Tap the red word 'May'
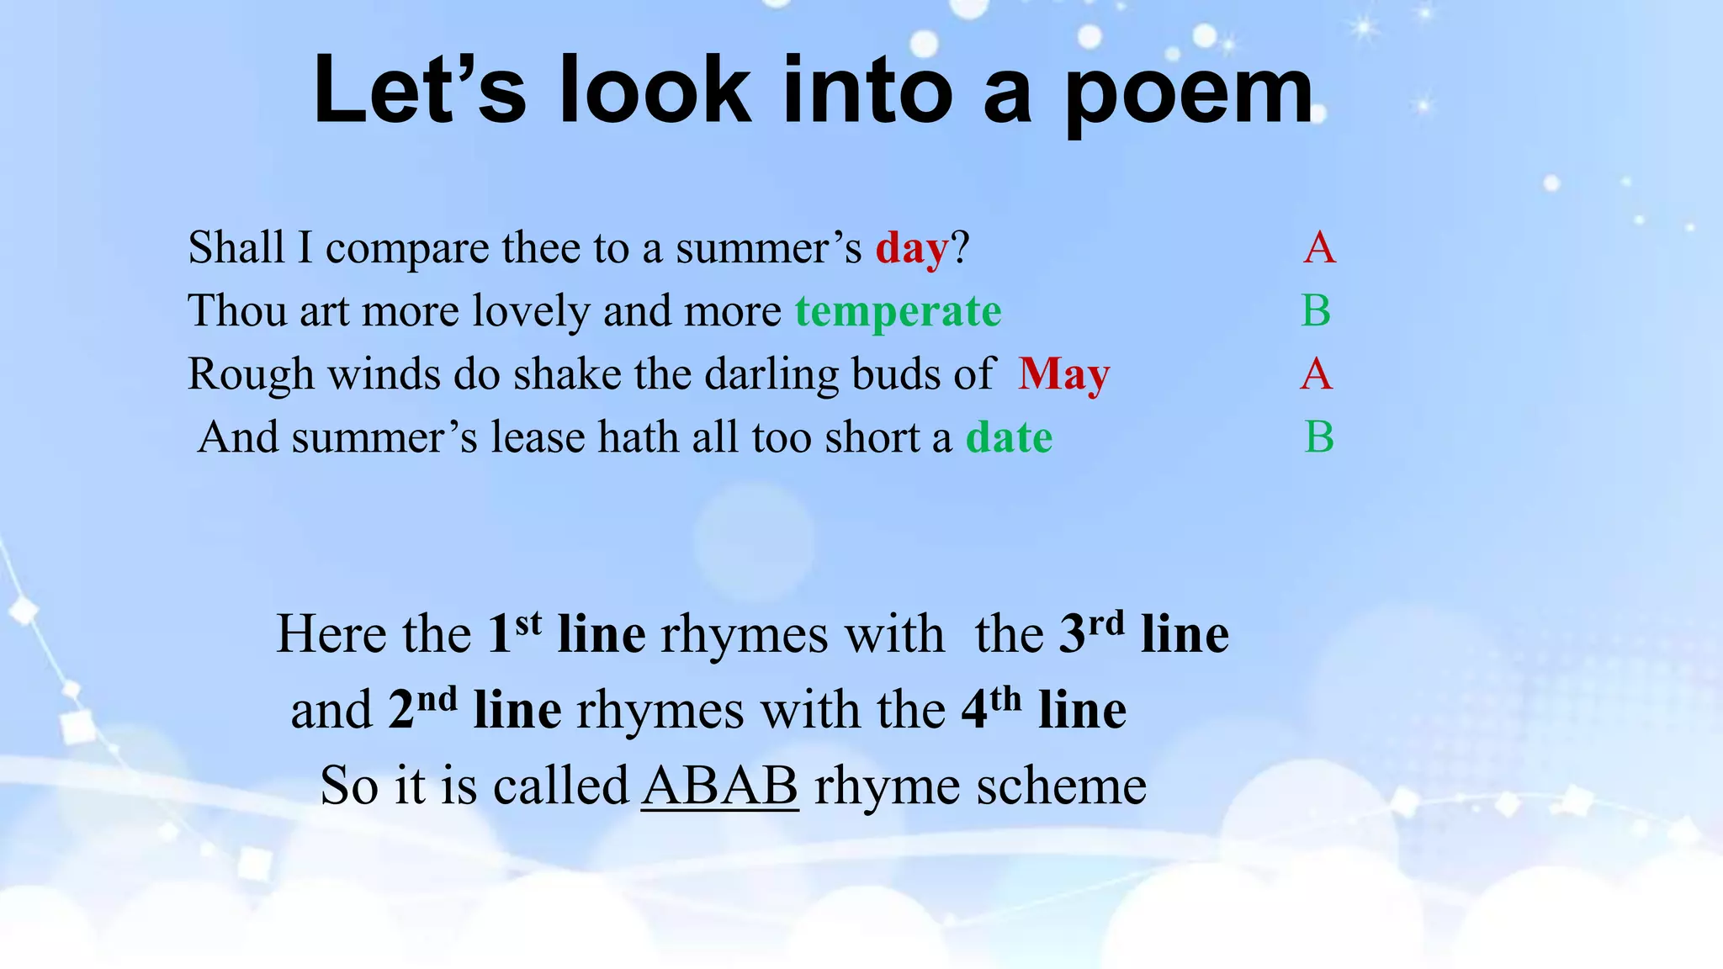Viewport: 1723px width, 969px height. coord(1063,375)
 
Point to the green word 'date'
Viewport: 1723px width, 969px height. coord(1009,438)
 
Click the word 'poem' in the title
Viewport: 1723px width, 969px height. coord(1189,93)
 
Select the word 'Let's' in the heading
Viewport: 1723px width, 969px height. coord(419,90)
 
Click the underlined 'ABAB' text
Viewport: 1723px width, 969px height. coord(719,786)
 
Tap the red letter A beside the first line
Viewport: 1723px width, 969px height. coord(1319,248)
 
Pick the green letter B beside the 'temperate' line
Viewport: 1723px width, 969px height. coord(1316,311)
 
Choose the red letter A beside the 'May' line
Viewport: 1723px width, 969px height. coord(1316,374)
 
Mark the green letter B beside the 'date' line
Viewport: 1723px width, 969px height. coord(1319,437)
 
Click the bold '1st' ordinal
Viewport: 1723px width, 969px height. coord(514,633)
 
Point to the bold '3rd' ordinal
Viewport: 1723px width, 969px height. coord(1090,633)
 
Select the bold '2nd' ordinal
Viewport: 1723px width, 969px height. coord(422,708)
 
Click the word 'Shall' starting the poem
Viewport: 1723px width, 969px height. coord(236,248)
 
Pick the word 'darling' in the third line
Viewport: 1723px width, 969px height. coord(771,375)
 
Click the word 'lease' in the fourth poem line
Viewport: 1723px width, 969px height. coord(538,438)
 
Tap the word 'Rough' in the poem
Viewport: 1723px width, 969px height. coord(250,375)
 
